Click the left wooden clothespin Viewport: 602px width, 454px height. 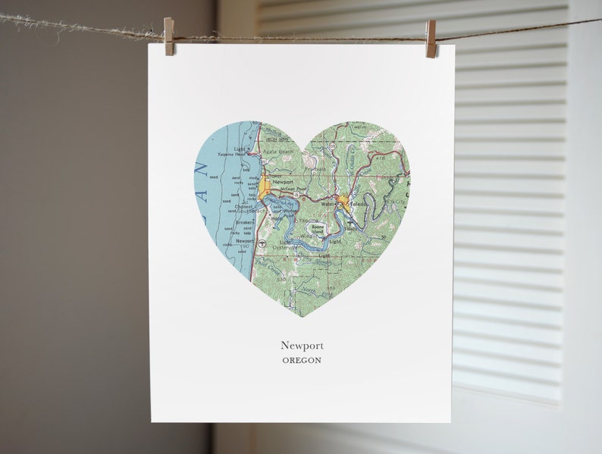(x=169, y=36)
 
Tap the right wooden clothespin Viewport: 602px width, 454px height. (x=431, y=38)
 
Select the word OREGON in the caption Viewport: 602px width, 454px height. (x=302, y=360)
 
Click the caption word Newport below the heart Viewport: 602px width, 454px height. (x=302, y=346)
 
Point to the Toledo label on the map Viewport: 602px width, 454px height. (x=359, y=204)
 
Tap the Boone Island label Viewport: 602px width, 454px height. (x=312, y=227)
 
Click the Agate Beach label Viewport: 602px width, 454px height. (x=274, y=152)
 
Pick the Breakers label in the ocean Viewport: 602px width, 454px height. (x=245, y=223)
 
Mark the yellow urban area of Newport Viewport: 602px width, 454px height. (x=264, y=188)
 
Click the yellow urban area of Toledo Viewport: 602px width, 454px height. (x=344, y=202)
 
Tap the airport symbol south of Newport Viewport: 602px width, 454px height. (x=260, y=244)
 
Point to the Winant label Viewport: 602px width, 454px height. (x=309, y=237)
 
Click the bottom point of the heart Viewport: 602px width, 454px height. (x=302, y=316)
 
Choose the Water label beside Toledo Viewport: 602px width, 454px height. (x=328, y=204)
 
